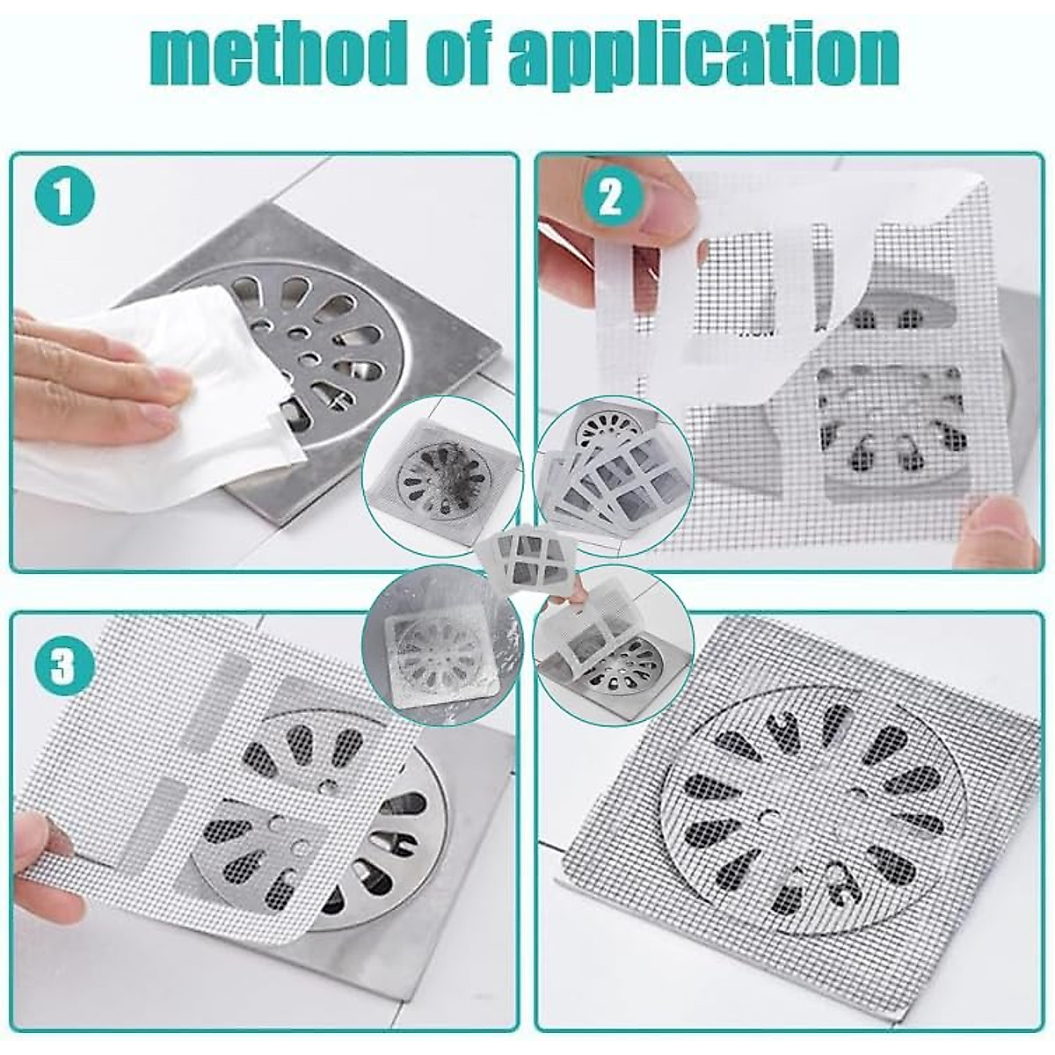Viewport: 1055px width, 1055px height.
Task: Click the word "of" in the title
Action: click(x=460, y=55)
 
